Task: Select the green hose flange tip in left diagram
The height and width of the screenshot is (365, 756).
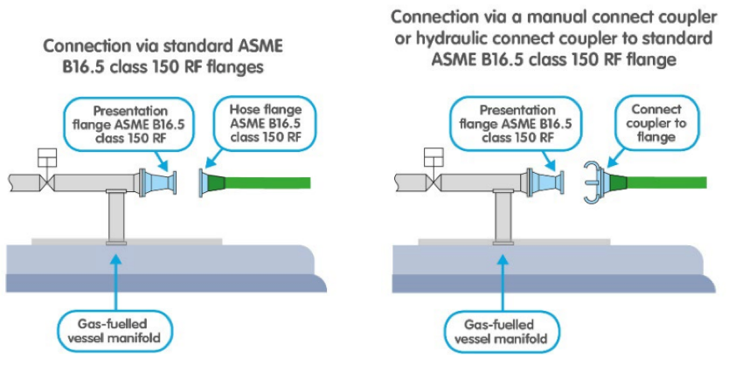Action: tap(212, 182)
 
